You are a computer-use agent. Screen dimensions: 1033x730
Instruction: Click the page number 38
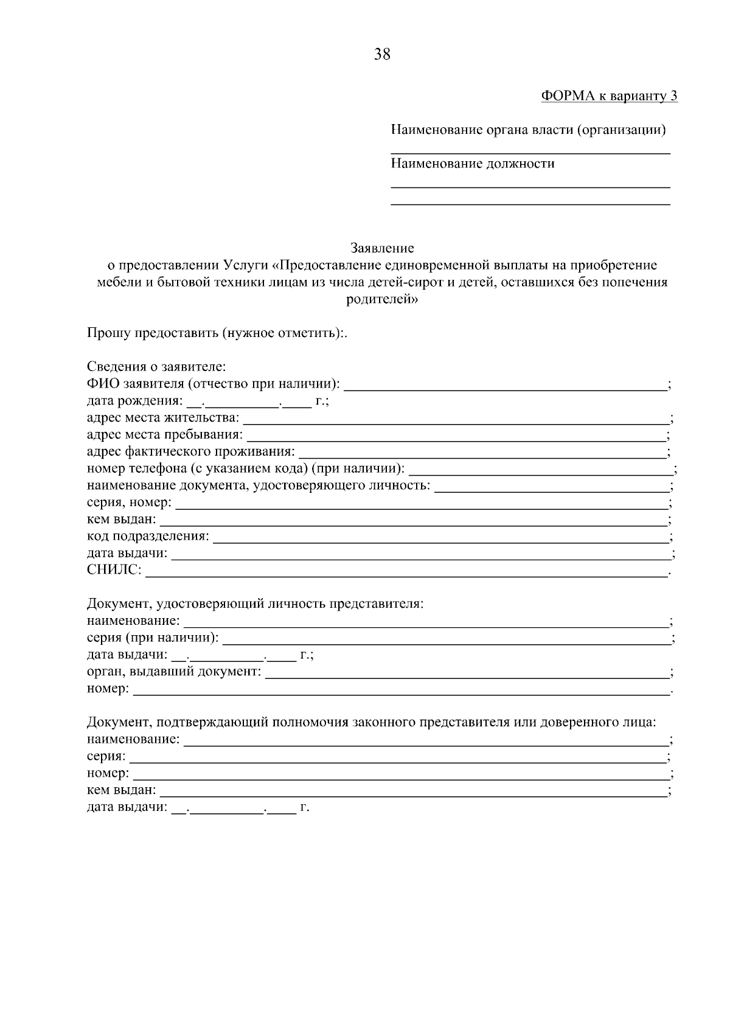[x=382, y=55]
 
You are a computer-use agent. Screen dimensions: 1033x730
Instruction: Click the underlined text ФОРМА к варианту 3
[x=609, y=96]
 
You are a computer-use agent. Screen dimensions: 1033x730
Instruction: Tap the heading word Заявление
[x=382, y=248]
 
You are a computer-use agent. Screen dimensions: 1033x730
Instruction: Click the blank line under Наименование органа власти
[x=530, y=152]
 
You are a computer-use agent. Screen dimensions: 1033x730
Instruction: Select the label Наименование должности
[x=473, y=164]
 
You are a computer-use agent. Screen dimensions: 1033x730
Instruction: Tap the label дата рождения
[x=134, y=401]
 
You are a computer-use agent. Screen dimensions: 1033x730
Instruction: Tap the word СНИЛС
[x=114, y=571]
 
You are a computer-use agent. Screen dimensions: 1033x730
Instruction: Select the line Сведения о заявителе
[x=156, y=367]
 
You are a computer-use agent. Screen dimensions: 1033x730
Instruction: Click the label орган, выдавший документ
[x=173, y=672]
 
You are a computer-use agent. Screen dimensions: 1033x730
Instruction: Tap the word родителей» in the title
[x=382, y=299]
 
